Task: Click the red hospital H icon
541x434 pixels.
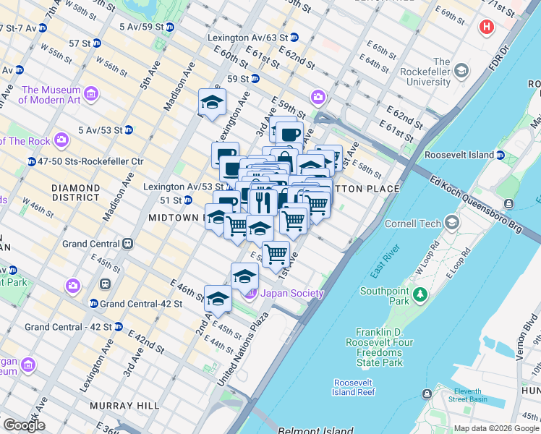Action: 487,28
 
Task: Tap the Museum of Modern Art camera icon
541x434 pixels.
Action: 92,94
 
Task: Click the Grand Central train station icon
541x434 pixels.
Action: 127,244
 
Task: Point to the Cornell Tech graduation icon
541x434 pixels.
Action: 453,223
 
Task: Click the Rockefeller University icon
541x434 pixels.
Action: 461,71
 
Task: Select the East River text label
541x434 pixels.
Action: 385,261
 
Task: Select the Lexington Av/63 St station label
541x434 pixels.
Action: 242,38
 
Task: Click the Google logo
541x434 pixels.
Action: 23,425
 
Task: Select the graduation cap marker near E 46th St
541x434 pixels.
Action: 218,297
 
